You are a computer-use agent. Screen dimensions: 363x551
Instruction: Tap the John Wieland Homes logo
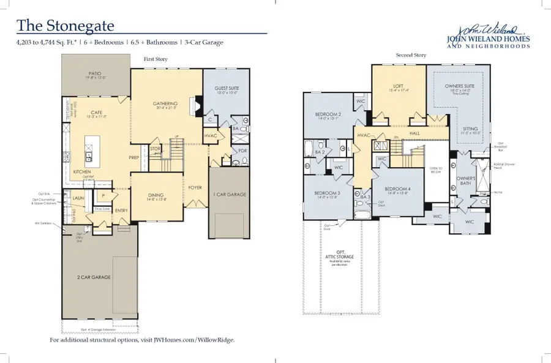click(x=488, y=37)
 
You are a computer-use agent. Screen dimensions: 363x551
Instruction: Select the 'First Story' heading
click(x=156, y=59)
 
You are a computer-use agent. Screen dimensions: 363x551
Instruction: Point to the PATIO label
click(x=96, y=75)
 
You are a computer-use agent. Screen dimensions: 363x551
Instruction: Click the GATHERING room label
click(x=165, y=103)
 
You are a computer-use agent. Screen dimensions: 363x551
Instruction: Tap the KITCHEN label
click(x=83, y=173)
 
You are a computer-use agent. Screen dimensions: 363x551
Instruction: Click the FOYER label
click(x=195, y=188)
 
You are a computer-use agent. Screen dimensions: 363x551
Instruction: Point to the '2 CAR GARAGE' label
click(x=93, y=277)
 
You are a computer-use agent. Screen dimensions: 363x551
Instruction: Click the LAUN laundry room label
click(x=78, y=198)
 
